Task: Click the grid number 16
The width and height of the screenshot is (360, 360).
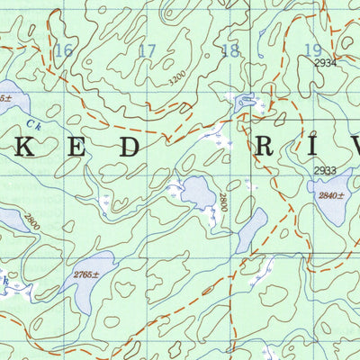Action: click(x=63, y=50)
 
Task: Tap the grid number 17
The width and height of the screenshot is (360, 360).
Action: click(x=147, y=50)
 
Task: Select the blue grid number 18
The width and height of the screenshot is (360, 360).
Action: click(x=230, y=50)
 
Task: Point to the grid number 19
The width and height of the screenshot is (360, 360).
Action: click(x=312, y=50)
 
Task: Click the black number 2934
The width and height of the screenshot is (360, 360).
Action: click(x=326, y=63)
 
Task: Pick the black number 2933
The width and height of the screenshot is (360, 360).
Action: click(x=326, y=171)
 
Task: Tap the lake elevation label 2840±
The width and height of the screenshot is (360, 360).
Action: click(x=330, y=195)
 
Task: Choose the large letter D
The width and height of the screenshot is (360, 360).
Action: click(x=130, y=148)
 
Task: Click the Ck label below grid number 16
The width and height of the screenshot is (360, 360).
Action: click(x=33, y=125)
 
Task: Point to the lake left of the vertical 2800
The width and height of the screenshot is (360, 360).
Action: click(x=196, y=192)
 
